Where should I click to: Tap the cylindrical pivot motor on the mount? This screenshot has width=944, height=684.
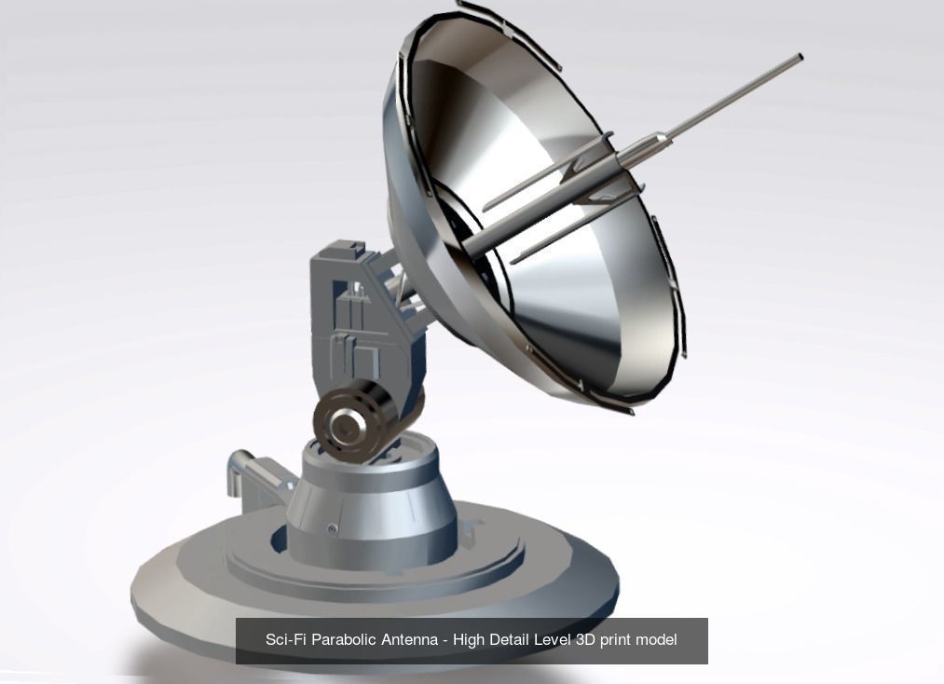[x=351, y=419]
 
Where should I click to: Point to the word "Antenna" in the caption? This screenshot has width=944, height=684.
[x=411, y=640]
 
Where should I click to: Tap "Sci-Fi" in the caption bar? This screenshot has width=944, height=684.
[x=285, y=640]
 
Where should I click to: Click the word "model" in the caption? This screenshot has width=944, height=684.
[x=657, y=640]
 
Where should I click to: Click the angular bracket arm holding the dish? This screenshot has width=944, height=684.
[x=354, y=298]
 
